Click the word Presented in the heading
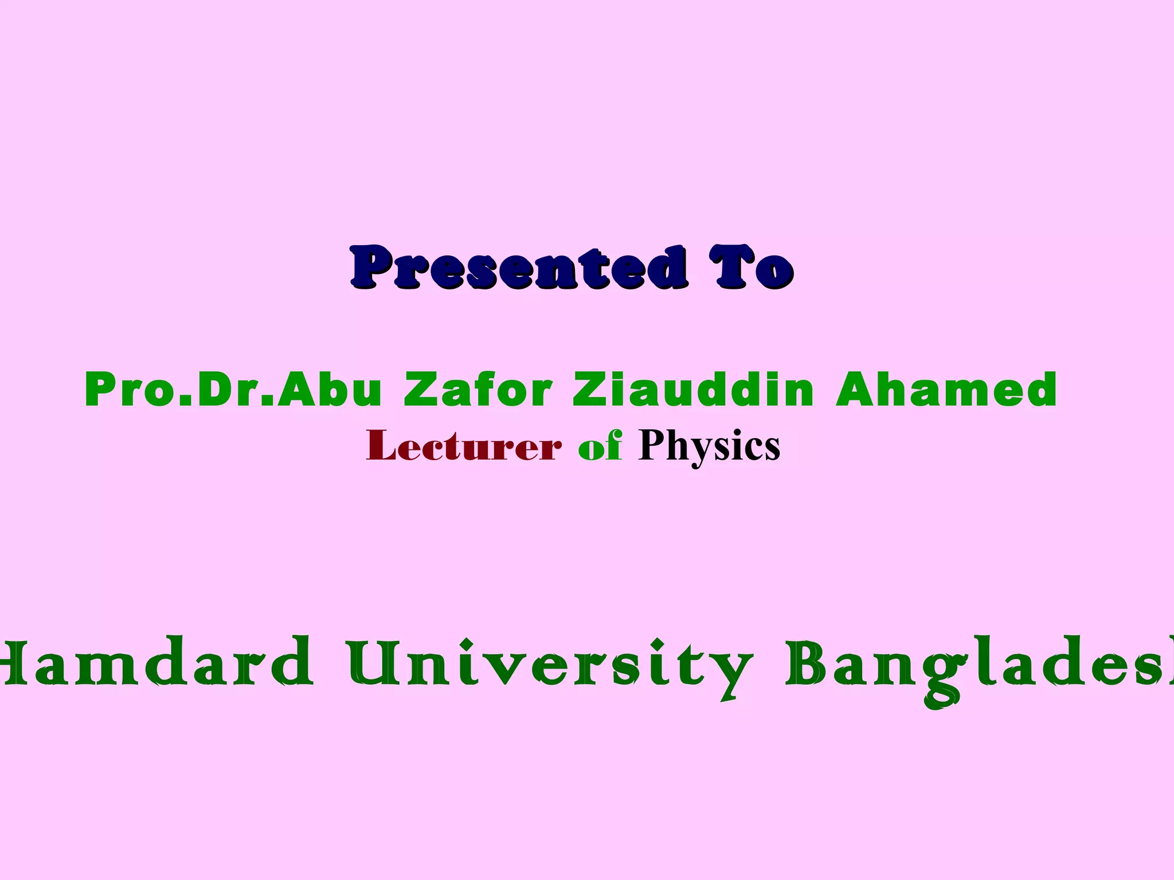tap(519, 268)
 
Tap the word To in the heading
tap(751, 268)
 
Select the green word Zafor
tap(478, 390)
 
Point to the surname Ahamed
tap(946, 390)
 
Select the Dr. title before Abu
tap(235, 390)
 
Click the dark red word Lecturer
tap(463, 446)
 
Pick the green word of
tap(600, 446)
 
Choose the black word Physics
tap(709, 446)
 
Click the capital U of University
tap(373, 663)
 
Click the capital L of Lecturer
tap(381, 445)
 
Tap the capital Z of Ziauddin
tap(590, 390)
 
